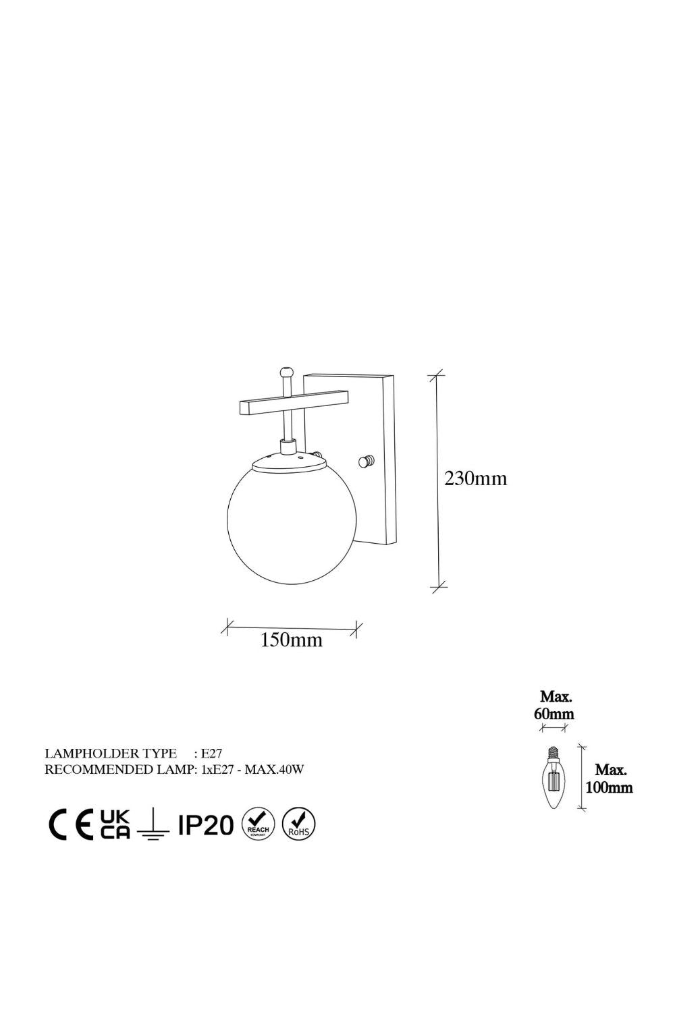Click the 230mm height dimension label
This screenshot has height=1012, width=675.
476,478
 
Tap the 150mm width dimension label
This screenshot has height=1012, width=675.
291,640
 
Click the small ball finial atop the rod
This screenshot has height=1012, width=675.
286,372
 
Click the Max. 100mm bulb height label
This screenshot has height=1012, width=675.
609,779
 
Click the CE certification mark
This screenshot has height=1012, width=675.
70,824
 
